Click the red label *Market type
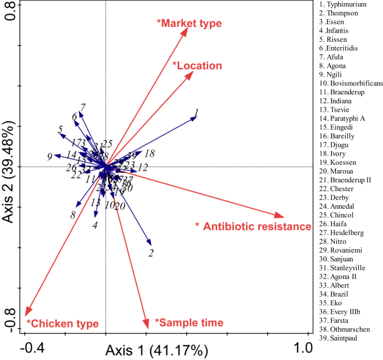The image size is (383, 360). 189,23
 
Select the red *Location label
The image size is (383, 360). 197,66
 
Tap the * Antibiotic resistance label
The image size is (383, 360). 253,226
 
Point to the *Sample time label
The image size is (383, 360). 189,322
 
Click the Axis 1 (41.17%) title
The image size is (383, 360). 156,351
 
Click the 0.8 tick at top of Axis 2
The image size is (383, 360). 11,12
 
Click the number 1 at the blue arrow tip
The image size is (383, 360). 197,113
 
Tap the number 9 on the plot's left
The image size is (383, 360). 49,157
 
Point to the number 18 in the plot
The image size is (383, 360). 150,153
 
